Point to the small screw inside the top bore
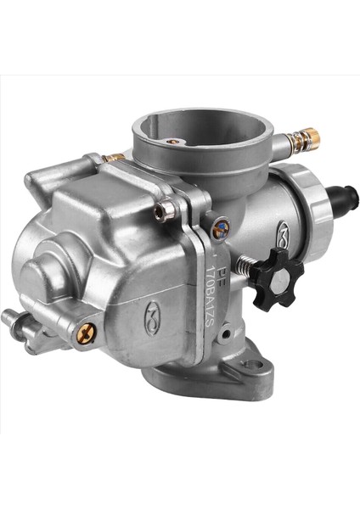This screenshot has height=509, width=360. [x=172, y=141]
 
